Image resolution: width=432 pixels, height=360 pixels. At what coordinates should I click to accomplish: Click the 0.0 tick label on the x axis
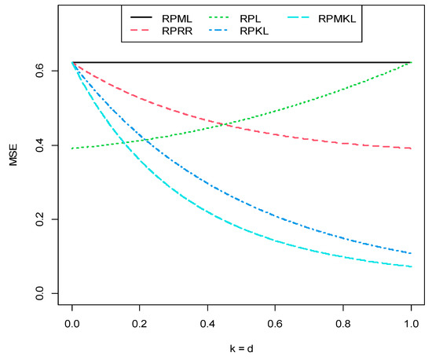[x=72, y=324]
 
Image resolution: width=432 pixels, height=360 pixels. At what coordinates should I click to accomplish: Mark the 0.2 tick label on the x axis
[x=140, y=324]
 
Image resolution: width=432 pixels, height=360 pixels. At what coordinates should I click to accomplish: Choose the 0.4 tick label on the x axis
[x=207, y=324]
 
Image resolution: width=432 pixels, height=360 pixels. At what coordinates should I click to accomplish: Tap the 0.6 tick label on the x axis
[x=276, y=324]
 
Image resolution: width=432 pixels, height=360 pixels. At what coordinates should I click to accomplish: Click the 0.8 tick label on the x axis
[x=343, y=324]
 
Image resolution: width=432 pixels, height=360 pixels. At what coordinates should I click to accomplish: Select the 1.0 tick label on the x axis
[x=411, y=324]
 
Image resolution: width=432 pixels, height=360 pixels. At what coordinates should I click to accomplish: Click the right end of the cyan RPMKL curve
[x=411, y=266]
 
